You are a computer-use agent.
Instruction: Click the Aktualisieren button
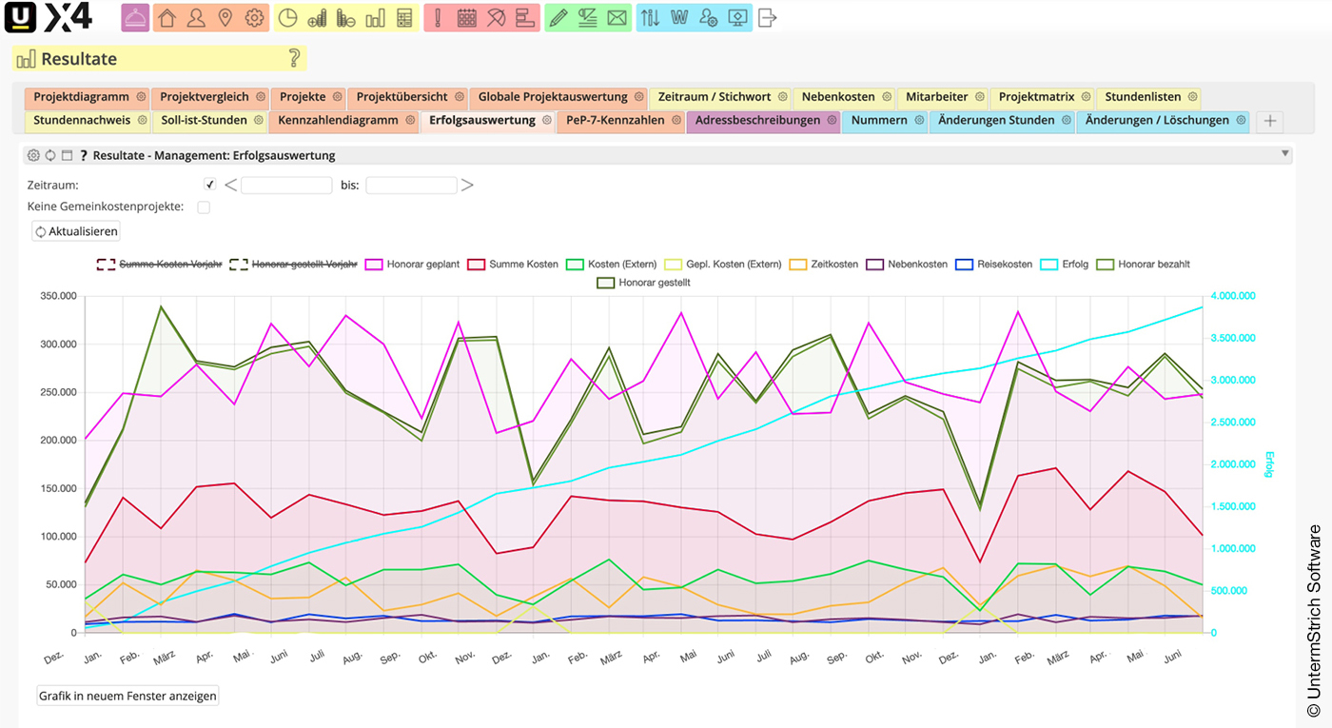[x=76, y=231]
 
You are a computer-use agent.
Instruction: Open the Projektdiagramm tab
[x=81, y=97]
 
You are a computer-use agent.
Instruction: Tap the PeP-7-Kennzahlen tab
[x=615, y=121]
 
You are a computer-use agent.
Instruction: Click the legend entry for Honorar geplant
[x=415, y=264]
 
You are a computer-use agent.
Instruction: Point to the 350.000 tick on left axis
[x=59, y=297]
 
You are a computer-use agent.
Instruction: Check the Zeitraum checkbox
[x=210, y=185]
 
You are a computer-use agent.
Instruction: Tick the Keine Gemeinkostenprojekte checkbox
[x=204, y=207]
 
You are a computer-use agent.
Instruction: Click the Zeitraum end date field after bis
[x=411, y=186]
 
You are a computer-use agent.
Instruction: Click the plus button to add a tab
[x=1268, y=121]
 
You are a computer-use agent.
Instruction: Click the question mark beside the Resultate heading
[x=294, y=59]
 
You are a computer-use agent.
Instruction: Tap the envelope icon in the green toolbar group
[x=617, y=18]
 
